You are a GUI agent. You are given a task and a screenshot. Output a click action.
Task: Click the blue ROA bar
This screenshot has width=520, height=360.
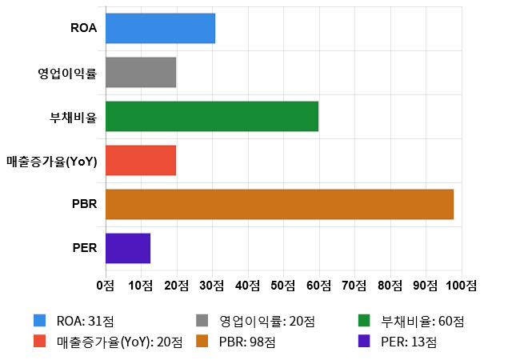click(x=160, y=28)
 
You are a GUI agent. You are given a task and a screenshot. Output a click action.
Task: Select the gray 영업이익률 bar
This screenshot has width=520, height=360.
click(x=140, y=73)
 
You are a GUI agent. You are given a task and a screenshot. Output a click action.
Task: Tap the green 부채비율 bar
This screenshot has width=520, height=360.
click(x=212, y=117)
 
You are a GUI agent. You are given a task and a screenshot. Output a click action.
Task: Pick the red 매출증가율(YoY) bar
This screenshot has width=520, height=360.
click(x=140, y=161)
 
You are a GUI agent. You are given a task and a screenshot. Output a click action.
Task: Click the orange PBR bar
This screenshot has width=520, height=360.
click(x=279, y=204)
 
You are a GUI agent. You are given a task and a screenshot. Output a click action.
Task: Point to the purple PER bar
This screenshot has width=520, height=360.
click(x=127, y=248)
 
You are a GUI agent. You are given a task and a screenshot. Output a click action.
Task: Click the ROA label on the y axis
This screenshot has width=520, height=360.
click(x=84, y=28)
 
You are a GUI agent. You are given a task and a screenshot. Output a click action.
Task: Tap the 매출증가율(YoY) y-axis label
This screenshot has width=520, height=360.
click(x=51, y=161)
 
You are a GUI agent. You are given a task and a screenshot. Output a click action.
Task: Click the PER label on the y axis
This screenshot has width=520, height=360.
click(x=84, y=248)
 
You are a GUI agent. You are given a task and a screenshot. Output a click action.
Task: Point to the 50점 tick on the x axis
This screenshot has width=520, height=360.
click(x=284, y=285)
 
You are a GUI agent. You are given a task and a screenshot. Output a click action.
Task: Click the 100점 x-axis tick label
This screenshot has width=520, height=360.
click(x=462, y=285)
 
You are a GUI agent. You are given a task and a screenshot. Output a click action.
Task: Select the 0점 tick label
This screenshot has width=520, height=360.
click(x=105, y=285)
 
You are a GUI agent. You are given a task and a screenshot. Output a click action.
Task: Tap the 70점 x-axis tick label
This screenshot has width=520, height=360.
click(x=355, y=285)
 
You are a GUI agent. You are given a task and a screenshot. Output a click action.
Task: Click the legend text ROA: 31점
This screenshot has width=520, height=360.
click(x=86, y=322)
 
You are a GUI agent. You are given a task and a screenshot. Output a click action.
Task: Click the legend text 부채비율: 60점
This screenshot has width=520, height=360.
click(x=423, y=322)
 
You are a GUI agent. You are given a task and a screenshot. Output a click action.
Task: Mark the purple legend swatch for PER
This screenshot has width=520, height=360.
click(x=364, y=342)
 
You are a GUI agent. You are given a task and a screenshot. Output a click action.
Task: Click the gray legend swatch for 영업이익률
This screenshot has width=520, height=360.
click(x=202, y=322)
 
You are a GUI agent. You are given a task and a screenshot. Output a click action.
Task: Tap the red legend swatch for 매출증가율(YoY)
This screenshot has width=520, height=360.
click(x=39, y=342)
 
